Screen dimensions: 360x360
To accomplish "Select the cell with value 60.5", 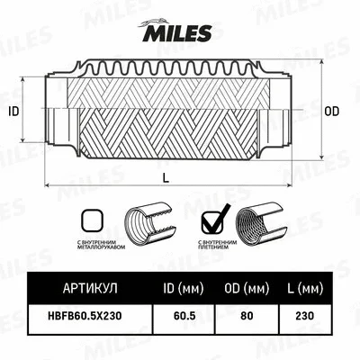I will tap(187, 317).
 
